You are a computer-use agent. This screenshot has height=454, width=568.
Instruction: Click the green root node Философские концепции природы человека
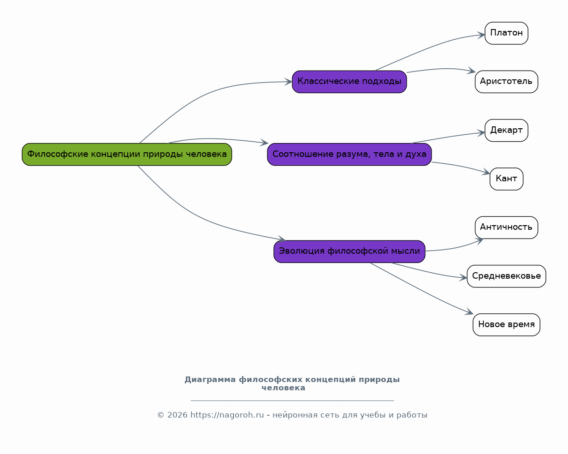127,154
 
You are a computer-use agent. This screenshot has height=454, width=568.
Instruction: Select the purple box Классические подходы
349,82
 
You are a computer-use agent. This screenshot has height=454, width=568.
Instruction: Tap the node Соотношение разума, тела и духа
349,154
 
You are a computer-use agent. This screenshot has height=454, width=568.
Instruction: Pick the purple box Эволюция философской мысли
349,251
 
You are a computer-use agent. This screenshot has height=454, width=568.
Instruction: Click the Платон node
506,33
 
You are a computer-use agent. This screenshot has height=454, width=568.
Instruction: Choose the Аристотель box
506,82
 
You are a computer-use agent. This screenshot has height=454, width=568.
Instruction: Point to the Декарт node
506,130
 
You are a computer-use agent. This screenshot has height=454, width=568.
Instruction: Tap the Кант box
506,179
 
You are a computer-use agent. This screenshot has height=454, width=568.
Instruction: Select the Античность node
506,227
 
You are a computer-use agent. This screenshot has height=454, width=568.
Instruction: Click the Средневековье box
506,276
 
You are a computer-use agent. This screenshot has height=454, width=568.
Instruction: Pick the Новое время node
506,325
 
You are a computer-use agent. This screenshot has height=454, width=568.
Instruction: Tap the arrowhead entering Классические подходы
288,82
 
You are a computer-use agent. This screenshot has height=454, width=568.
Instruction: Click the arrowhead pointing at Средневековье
463,277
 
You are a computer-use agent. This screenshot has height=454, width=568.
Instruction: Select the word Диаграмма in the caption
210,380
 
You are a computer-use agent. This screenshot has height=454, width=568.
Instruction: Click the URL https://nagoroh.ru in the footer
227,415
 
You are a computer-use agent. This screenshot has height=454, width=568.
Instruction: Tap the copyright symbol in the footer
161,415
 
